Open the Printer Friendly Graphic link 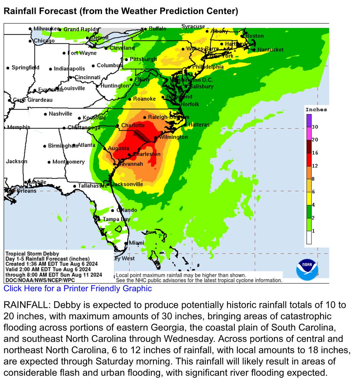click(x=78, y=288)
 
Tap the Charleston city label click(x=147, y=154)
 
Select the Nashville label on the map click(x=60, y=114)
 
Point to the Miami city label click(x=136, y=243)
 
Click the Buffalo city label click(x=157, y=28)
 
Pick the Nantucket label click(x=270, y=50)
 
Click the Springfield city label click(x=25, y=68)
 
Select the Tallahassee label click(x=92, y=186)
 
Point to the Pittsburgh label click(x=143, y=59)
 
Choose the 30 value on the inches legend click(x=315, y=127)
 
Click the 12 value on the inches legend click(x=315, y=166)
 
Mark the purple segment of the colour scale click(x=309, y=121)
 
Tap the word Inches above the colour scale click(x=316, y=109)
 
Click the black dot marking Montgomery click(x=49, y=162)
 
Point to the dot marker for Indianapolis click(x=51, y=69)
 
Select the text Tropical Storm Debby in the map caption click(x=32, y=254)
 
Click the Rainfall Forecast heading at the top click(x=121, y=11)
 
